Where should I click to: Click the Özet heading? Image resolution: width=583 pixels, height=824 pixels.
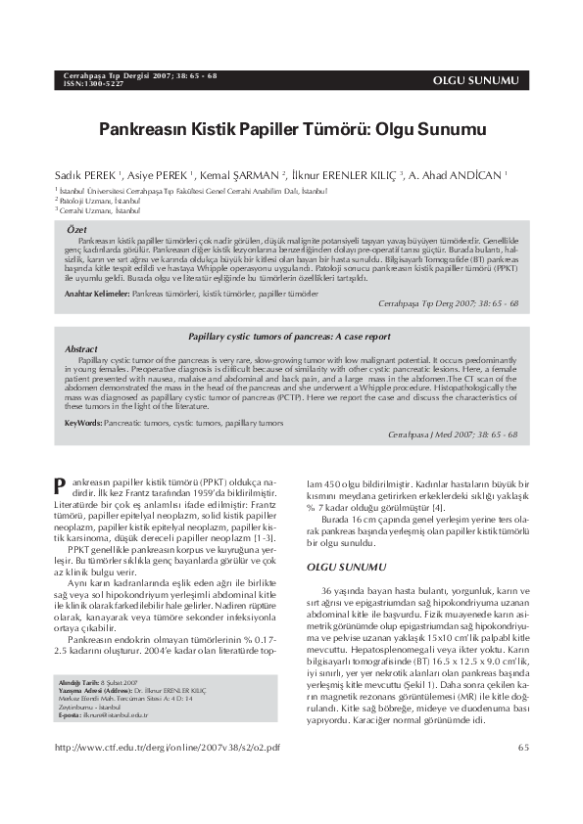75,228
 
